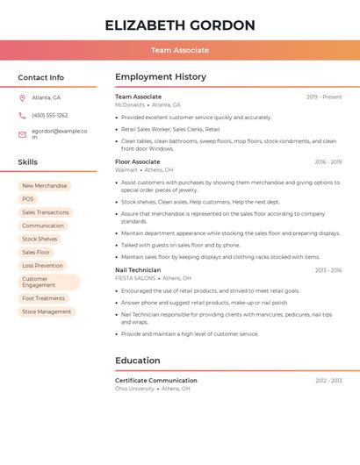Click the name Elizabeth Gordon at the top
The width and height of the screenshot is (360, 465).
coord(180,25)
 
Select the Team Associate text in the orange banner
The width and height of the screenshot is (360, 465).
coord(180,50)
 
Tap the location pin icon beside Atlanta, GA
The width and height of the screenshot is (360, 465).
coord(23,97)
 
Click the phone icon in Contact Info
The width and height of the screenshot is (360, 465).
coord(23,115)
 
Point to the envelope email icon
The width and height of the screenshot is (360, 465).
coord(23,134)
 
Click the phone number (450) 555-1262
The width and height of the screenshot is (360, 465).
coord(50,115)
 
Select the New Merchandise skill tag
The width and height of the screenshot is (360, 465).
coord(45,186)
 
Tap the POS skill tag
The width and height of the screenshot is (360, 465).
coord(28,199)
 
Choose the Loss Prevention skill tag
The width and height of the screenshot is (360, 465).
coord(42,265)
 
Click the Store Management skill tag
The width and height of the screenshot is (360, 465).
coord(47,311)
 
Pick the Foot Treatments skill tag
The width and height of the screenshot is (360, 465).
coord(44,298)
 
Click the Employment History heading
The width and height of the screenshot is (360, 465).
coord(161,77)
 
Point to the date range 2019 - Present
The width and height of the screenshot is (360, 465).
coord(324,97)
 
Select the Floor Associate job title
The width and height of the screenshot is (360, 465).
coord(138,162)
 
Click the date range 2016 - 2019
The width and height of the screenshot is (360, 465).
coord(328,162)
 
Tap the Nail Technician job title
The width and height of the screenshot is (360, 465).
coord(138,270)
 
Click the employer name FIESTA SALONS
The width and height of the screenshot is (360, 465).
coord(135,278)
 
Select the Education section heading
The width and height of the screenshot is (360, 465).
coord(138,361)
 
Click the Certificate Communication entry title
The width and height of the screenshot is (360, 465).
coord(156,381)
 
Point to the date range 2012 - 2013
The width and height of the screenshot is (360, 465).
coord(328,381)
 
